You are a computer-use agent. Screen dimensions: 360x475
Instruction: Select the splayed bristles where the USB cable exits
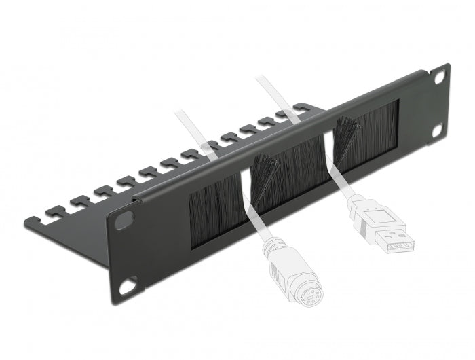(343, 129)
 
